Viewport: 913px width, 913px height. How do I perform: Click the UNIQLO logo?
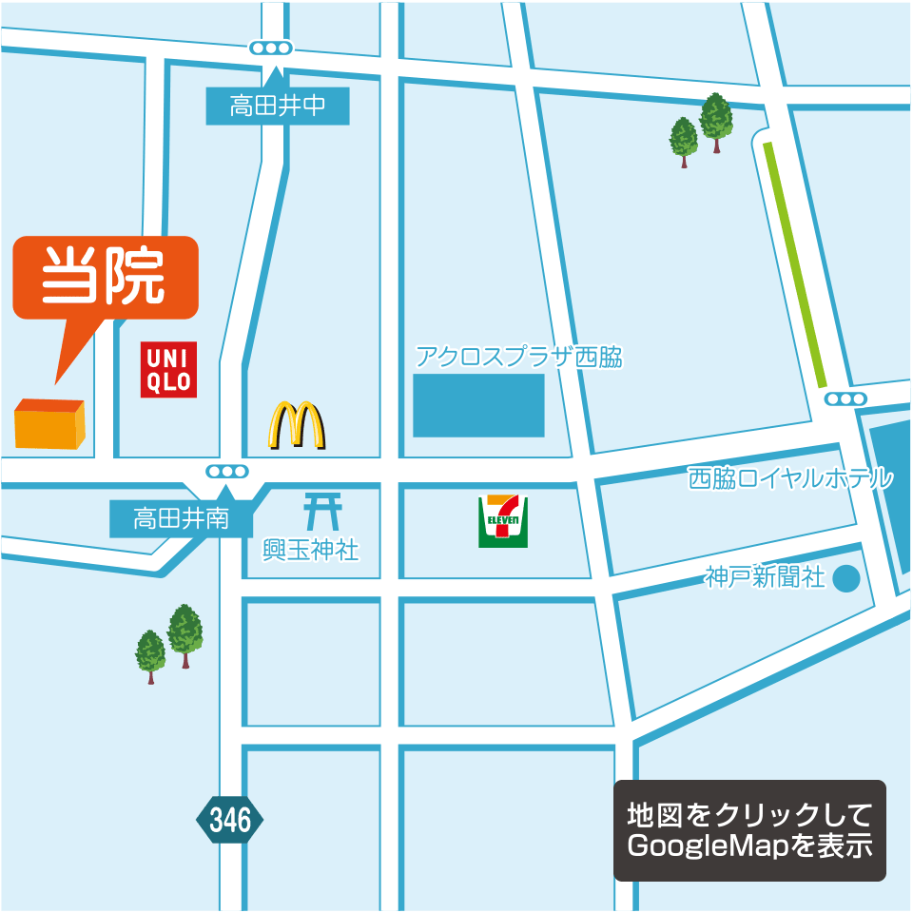(168, 369)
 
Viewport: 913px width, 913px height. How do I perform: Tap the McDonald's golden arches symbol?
(297, 425)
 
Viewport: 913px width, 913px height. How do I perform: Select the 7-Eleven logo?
(503, 521)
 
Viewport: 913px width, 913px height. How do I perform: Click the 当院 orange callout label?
(105, 277)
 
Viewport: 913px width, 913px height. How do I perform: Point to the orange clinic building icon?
(49, 423)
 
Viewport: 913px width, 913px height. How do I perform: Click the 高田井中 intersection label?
(278, 106)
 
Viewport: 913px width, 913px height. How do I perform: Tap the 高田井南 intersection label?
(181, 519)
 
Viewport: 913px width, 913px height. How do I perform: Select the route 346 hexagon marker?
(230, 820)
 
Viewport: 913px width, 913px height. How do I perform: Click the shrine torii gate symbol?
(323, 511)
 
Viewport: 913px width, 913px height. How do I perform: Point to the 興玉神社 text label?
(311, 550)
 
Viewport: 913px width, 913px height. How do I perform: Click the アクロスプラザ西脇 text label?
(519, 358)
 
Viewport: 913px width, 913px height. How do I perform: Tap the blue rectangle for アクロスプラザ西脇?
(478, 405)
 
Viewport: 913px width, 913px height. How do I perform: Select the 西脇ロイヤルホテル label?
(791, 477)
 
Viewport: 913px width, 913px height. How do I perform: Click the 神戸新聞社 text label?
(766, 576)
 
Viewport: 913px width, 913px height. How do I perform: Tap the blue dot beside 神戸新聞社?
(845, 577)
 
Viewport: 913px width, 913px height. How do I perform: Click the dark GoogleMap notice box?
(749, 830)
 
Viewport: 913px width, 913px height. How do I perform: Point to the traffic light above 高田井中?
(270, 48)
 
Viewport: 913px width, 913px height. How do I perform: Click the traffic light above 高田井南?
(227, 471)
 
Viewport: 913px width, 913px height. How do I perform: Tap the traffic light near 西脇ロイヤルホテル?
(845, 398)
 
